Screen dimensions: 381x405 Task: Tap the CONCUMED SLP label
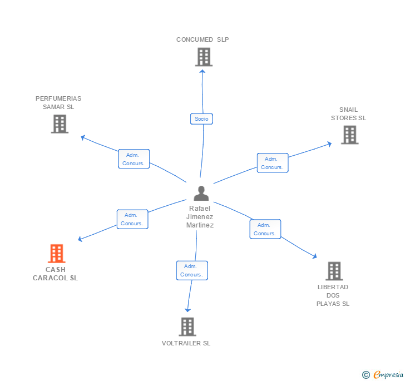[202, 39]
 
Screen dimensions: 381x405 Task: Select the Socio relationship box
[201, 118]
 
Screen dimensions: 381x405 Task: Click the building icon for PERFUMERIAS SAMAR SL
[60, 123]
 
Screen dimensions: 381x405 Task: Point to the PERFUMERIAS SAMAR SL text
[58, 103]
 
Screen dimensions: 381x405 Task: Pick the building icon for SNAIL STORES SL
[349, 135]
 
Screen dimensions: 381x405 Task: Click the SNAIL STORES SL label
[349, 114]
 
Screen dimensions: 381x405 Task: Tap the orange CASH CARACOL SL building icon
[56, 254]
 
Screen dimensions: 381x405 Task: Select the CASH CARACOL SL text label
[55, 274]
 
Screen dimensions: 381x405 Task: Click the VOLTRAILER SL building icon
[187, 326]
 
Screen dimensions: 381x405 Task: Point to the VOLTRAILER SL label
[186, 343]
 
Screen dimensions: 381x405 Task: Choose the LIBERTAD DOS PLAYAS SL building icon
[334, 271]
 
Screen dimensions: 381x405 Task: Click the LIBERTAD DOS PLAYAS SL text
[333, 295]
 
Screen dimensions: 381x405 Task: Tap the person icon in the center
[201, 193]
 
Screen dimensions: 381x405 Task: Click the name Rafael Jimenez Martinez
[200, 216]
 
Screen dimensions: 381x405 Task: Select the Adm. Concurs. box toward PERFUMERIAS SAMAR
[134, 159]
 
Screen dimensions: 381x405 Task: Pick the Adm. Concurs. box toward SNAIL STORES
[273, 163]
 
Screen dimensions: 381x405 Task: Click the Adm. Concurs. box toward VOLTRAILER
[192, 270]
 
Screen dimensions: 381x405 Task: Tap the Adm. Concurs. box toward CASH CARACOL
[132, 219]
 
